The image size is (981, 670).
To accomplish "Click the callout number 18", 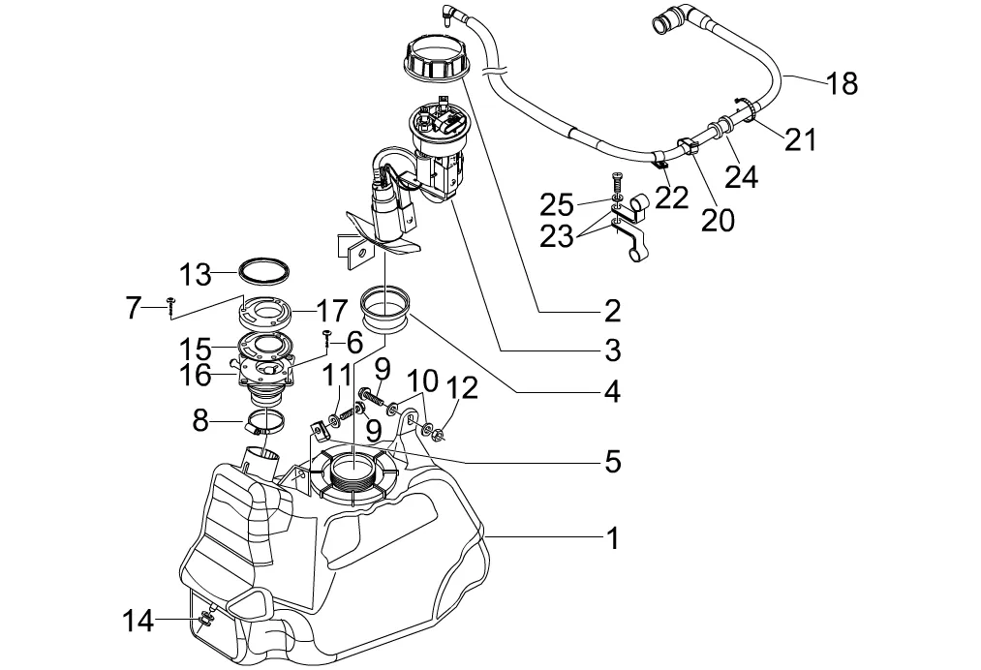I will point(843,84).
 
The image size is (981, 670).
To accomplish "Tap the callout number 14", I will point(138,620).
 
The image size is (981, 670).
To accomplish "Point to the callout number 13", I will point(195,274).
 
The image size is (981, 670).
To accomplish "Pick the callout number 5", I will point(611,461).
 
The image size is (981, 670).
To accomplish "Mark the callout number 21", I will point(800,140).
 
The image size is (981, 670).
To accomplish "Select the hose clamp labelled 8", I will point(264,421).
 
